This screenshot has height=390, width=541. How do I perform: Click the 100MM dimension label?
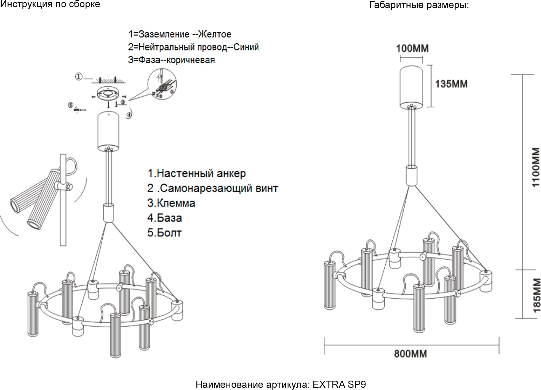[x=412, y=49]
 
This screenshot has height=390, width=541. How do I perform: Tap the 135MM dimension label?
[x=451, y=84]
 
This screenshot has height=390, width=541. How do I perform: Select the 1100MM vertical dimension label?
[x=535, y=167]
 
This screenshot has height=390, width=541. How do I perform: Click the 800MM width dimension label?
[x=410, y=354]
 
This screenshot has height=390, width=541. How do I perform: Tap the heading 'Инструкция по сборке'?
[x=50, y=4]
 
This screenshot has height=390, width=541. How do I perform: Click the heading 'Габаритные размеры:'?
[x=419, y=5]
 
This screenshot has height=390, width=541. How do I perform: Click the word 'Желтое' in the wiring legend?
[x=215, y=35]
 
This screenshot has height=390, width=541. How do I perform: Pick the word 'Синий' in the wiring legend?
[x=246, y=47]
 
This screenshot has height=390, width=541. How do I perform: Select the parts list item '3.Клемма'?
[x=171, y=203]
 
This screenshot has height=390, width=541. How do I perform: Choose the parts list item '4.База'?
[x=164, y=218]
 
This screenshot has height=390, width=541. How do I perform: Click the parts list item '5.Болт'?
[x=164, y=233]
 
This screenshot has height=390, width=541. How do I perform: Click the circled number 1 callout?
[x=79, y=76]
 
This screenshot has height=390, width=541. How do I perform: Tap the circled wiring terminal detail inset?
[x=162, y=84]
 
